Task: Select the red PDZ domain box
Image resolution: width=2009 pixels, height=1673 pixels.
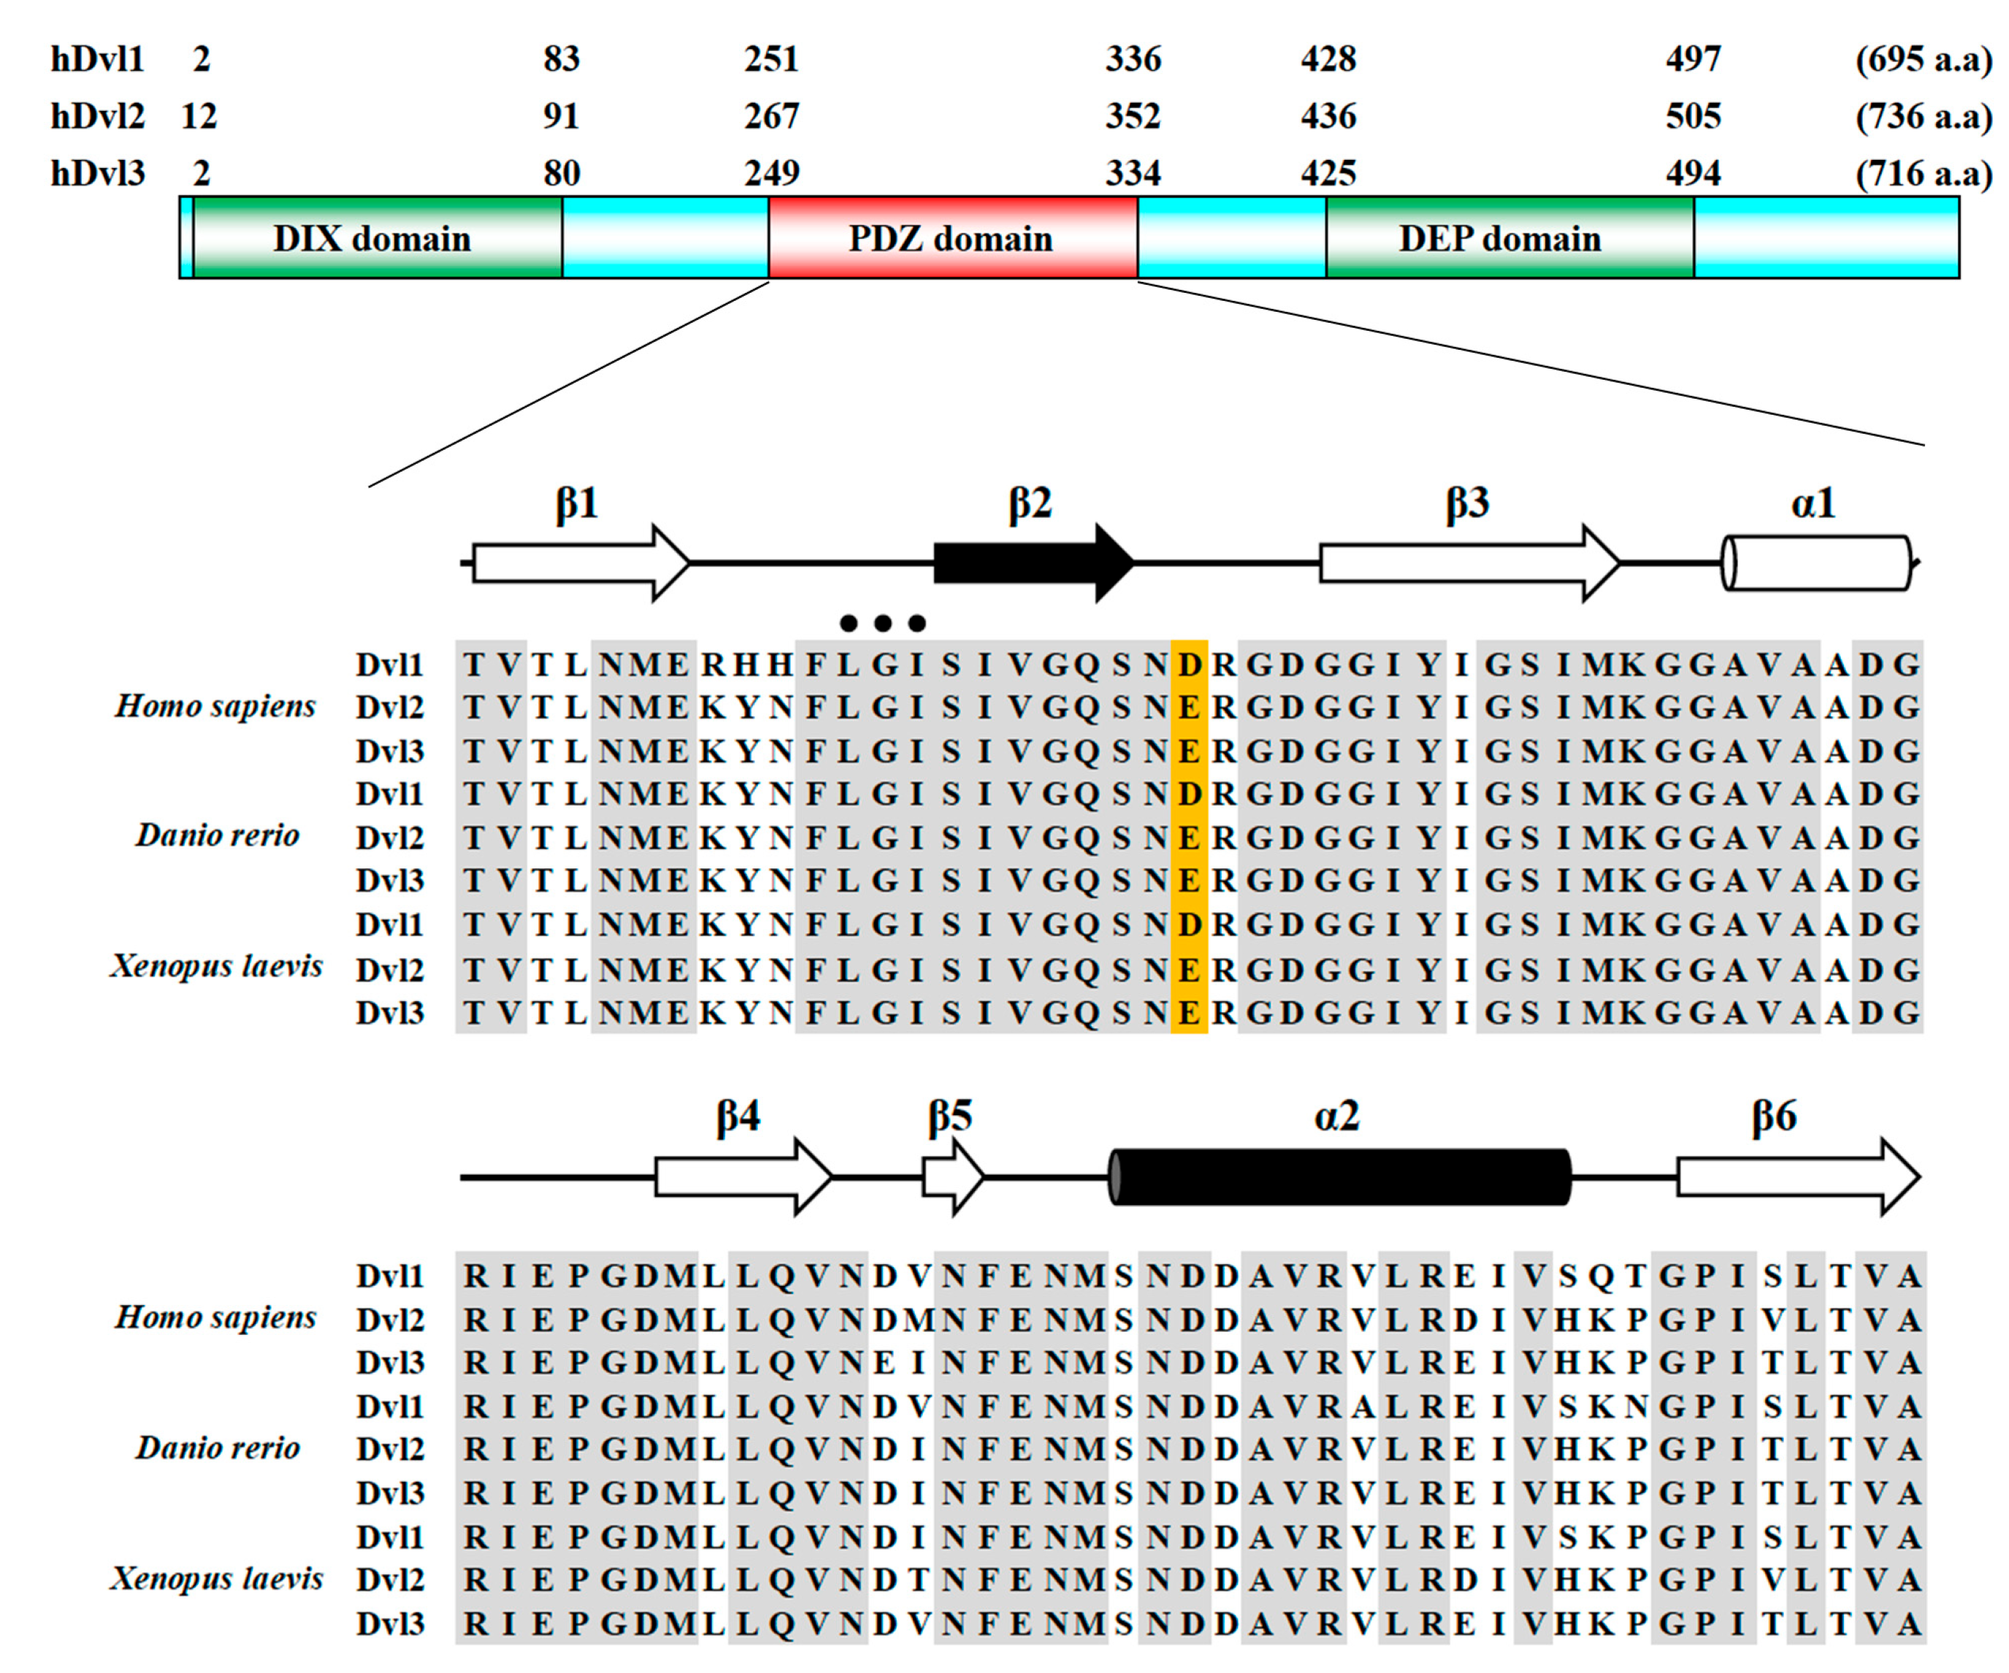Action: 952,237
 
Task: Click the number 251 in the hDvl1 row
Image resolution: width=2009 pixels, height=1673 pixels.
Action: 771,59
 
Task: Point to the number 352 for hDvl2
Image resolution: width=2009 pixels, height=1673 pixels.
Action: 1133,115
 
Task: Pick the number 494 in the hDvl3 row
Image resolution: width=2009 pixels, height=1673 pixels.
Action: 1692,173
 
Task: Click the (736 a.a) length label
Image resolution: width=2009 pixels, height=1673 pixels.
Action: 1924,115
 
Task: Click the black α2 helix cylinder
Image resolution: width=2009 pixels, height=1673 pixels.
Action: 1339,1176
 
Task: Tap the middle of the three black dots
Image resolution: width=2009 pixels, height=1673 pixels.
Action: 882,624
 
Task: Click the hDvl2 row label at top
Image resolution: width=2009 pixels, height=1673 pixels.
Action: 98,115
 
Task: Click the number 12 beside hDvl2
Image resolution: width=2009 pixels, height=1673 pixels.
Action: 199,115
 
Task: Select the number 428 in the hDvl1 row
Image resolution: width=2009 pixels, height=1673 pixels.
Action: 1328,59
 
